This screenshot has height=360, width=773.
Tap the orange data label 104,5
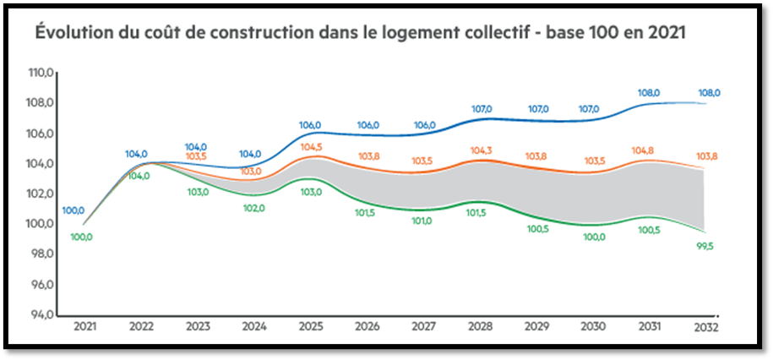pyautogui.click(x=311, y=147)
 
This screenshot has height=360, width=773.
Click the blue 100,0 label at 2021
pyautogui.click(x=73, y=210)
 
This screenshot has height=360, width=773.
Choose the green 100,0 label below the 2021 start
pyautogui.click(x=82, y=237)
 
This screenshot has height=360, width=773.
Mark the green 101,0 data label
pyautogui.click(x=422, y=221)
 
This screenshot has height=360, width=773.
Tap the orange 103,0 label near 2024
pyautogui.click(x=251, y=171)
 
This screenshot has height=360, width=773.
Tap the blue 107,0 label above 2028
pyautogui.click(x=482, y=109)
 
